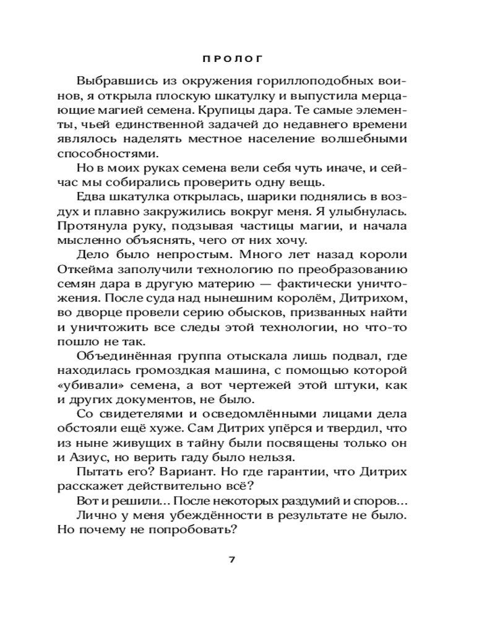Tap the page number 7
(x=233, y=560)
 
